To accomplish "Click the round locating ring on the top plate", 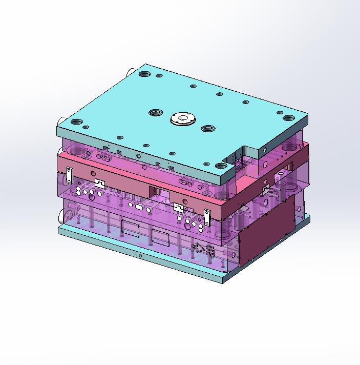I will [x=182, y=119].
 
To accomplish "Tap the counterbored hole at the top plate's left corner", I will [x=77, y=122].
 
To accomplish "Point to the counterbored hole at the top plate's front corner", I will [x=221, y=166].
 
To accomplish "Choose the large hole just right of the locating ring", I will [x=207, y=128].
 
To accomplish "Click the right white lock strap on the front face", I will [x=207, y=217].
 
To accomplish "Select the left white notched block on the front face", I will [x=99, y=184].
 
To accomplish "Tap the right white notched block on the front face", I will [x=178, y=208].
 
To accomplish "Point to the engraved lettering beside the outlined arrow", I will [x=209, y=251].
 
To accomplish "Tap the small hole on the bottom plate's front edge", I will [x=140, y=254].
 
